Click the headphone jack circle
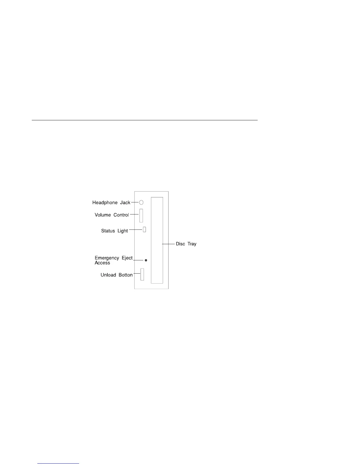point(141,202)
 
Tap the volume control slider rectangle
point(141,215)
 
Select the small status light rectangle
point(144,229)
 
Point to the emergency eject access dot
point(146,260)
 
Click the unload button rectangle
point(142,274)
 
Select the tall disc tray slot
point(157,240)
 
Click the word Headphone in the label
point(105,203)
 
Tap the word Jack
point(125,203)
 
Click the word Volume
point(103,215)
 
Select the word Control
point(121,215)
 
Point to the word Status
point(108,231)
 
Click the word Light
point(123,231)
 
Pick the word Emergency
point(107,258)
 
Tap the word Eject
point(127,258)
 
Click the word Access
point(102,263)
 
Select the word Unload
point(108,275)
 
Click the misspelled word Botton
point(126,275)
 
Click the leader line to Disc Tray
point(168,244)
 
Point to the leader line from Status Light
point(136,229)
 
